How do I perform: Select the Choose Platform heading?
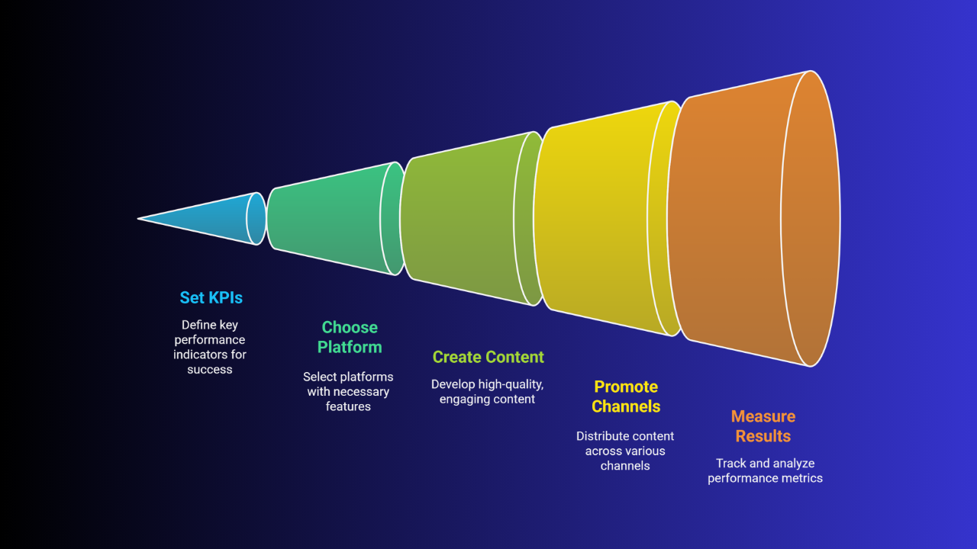[350, 337]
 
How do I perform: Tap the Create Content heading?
[488, 357]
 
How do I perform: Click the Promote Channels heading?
[625, 396]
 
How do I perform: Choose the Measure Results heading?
[763, 426]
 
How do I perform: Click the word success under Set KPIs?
[209, 369]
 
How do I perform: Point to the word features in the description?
[348, 406]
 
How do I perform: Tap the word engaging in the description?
[464, 399]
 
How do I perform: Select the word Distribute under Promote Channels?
[603, 436]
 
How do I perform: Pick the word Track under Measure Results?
[730, 464]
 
